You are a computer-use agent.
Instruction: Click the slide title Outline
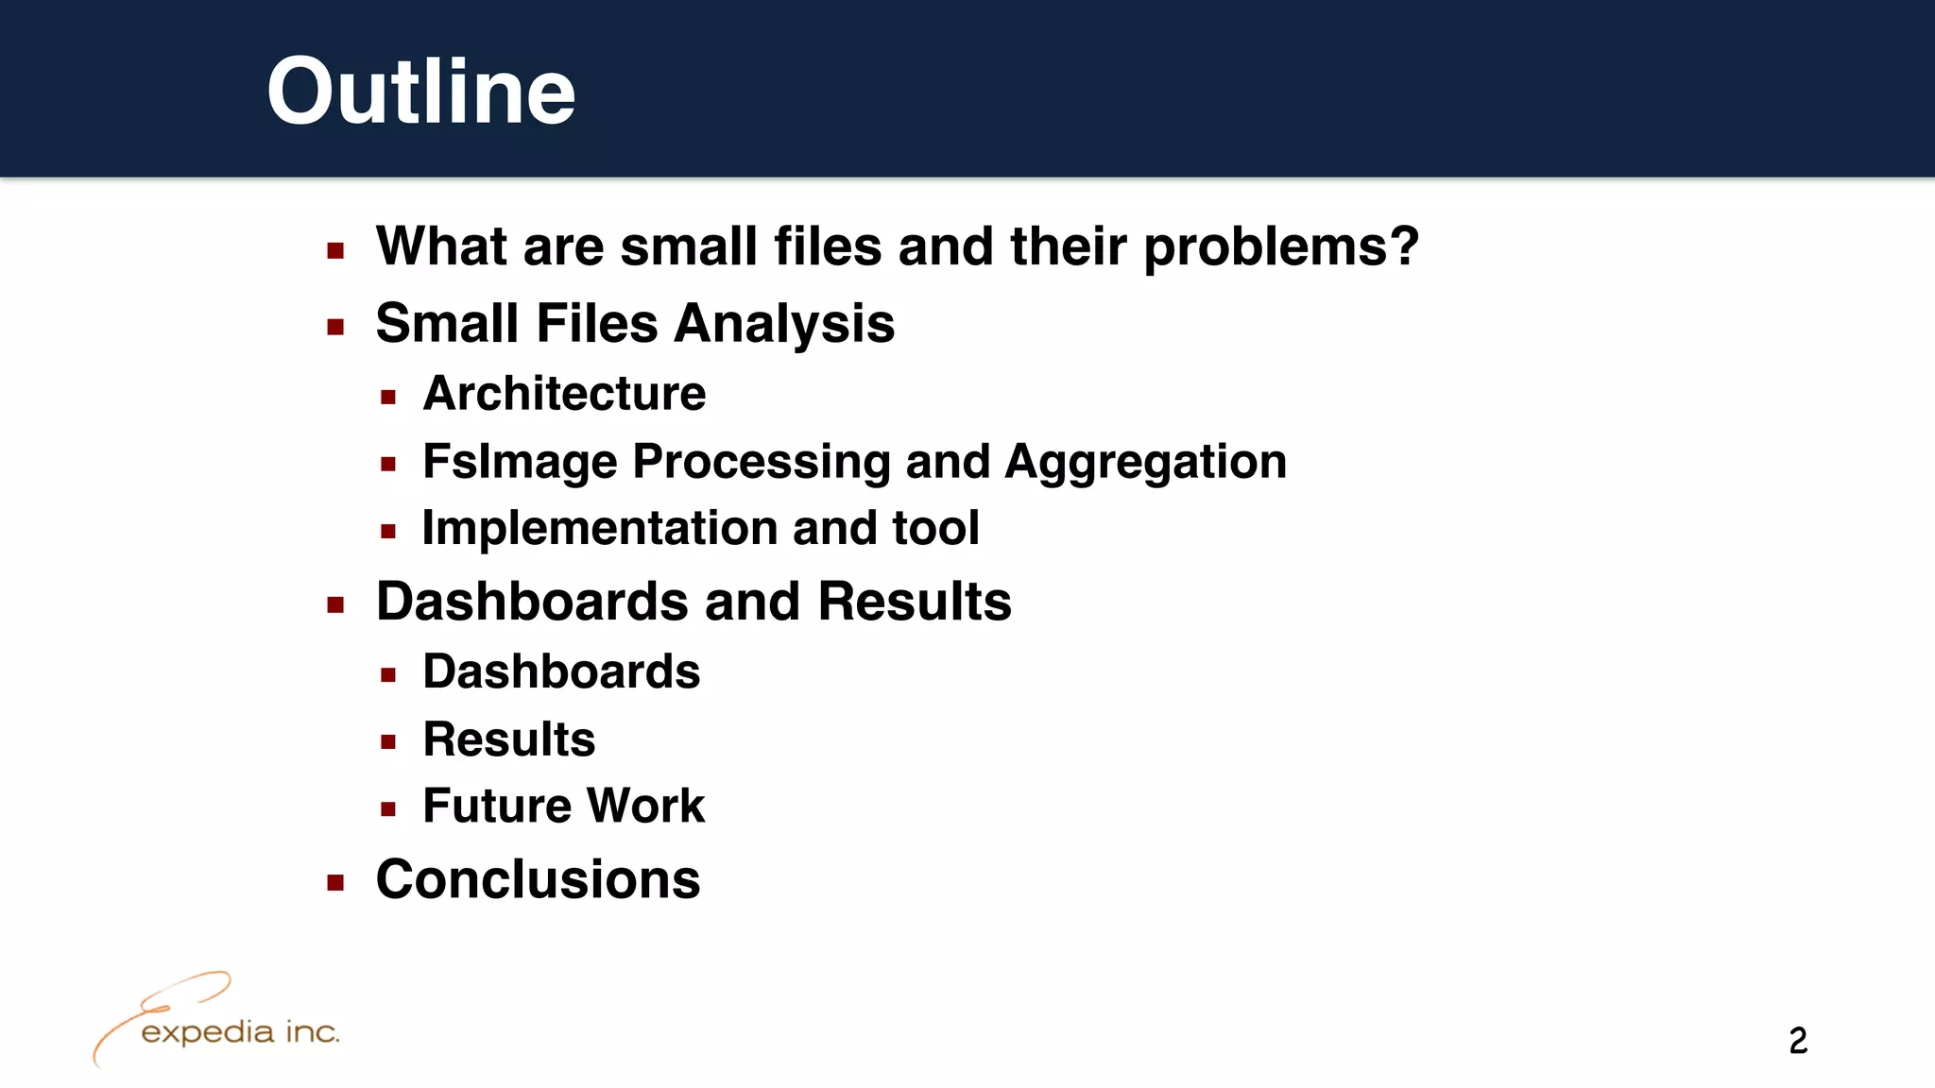tap(420, 92)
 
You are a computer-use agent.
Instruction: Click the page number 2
tap(1797, 1041)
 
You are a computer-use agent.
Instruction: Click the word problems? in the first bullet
tap(1280, 248)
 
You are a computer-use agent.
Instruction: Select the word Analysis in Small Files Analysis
tap(783, 324)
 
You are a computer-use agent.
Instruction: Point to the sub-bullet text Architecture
tap(564, 394)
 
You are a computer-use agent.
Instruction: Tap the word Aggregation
tap(1145, 463)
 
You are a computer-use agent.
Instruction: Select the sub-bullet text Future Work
tap(563, 807)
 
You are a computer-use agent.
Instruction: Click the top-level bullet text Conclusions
tap(538, 880)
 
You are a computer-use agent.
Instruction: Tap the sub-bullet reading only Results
tap(508, 739)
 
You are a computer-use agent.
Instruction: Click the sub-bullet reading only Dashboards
tap(561, 672)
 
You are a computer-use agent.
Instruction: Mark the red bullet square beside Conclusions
tap(335, 883)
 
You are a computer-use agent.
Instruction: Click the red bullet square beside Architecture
tap(388, 398)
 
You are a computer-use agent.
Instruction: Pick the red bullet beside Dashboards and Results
tap(335, 605)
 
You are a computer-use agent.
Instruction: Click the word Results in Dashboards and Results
tap(914, 603)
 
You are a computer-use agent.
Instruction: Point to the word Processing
tap(761, 463)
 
